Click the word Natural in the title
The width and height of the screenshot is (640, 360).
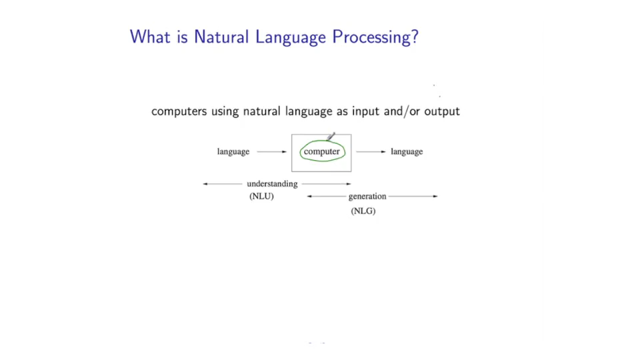coord(221,37)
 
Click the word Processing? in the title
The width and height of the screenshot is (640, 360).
coord(375,37)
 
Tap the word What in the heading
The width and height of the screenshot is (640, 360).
coord(150,37)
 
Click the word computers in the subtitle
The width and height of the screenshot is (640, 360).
coord(179,111)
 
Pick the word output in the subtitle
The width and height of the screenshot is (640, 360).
coord(442,111)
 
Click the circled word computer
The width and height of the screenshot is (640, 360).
coord(321,151)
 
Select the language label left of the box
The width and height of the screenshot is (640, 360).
coord(233,151)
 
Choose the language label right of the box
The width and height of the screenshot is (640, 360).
coord(407,151)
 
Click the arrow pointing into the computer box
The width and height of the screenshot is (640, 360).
coord(272,152)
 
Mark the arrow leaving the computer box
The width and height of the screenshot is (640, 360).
coord(371,152)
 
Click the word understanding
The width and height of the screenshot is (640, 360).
coord(272,184)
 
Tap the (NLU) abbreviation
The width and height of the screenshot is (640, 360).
coord(261,196)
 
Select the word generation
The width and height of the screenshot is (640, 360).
coord(367,196)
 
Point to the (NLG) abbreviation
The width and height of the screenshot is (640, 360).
coord(363,211)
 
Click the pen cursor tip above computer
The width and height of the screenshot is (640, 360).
coord(328,139)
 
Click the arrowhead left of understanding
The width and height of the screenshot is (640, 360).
coord(205,184)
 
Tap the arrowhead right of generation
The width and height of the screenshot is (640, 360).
coord(435,196)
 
